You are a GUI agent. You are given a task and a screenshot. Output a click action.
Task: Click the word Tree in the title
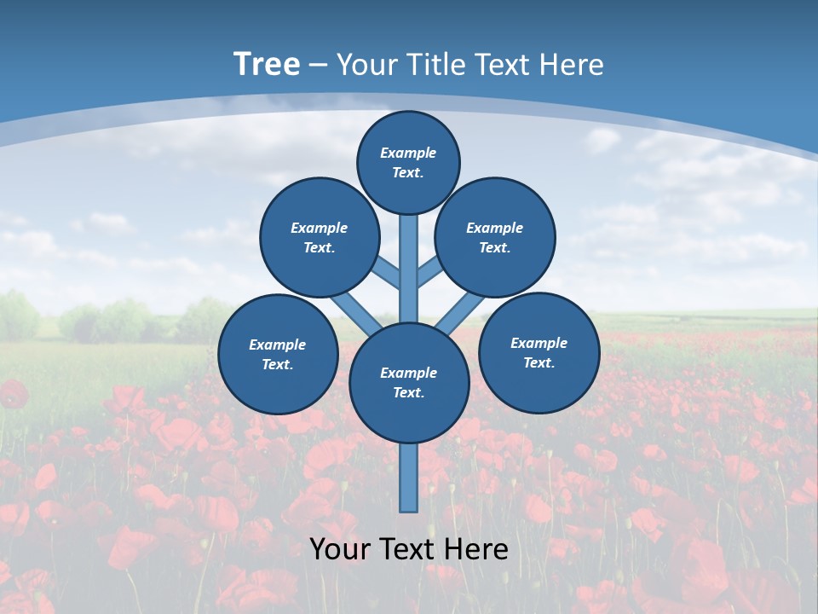point(267,64)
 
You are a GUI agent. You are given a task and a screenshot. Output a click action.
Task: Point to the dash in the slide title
point(319,65)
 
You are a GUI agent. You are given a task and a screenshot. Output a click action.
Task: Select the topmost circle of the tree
point(408,162)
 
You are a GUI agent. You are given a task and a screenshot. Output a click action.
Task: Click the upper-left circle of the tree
point(319,238)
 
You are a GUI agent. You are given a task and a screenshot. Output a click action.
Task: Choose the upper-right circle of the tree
point(495,238)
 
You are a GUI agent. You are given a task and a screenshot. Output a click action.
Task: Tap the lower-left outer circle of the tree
point(278,355)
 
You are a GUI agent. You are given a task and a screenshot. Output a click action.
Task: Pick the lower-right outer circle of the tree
point(539,353)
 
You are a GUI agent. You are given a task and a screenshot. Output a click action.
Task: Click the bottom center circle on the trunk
point(409,383)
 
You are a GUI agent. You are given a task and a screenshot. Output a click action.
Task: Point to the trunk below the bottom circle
point(409,478)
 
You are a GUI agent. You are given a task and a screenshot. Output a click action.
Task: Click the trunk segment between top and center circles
point(409,264)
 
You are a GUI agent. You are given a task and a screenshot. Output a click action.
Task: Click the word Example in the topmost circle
point(408,153)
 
